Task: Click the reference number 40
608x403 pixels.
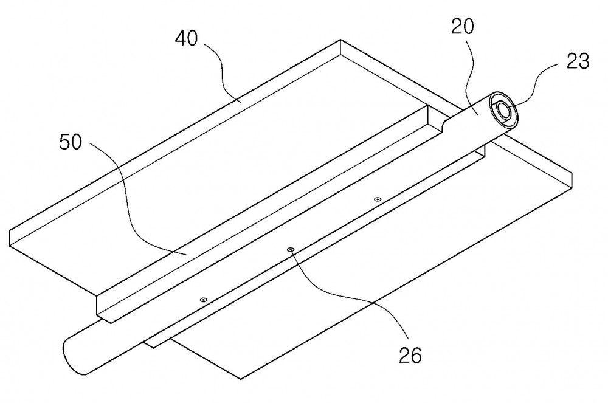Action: coord(186,39)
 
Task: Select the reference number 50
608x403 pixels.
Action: coord(71,142)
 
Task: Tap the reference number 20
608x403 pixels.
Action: coord(463,27)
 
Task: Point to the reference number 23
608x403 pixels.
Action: coord(578,61)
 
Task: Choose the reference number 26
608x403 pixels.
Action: coord(410,355)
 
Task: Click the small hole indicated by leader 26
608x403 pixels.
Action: coord(290,250)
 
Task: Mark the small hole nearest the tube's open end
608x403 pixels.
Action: coord(377,199)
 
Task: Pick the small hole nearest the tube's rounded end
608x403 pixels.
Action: coord(203,300)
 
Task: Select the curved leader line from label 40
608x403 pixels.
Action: coord(221,72)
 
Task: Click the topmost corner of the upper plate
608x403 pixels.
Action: coord(340,40)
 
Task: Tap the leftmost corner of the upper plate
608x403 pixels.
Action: coord(9,232)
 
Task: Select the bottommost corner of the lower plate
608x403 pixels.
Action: coord(241,379)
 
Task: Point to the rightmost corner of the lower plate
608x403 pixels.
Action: coord(572,174)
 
